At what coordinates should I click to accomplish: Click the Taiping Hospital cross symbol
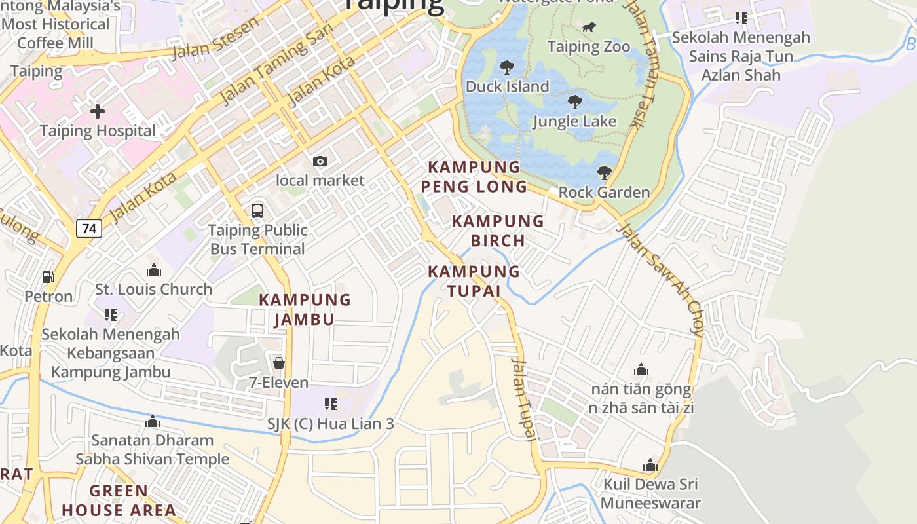coord(97,111)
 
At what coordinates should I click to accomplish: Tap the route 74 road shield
coord(88,229)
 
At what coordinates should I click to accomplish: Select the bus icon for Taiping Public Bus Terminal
coord(257,211)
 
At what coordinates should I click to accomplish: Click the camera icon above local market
coord(320,161)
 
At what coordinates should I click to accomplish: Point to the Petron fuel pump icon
coord(48,277)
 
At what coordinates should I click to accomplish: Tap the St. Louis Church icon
coord(154,270)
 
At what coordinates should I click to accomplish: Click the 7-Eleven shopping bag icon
coord(279,363)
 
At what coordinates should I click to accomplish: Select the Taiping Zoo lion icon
coord(589,28)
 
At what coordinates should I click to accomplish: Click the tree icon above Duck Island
coord(506,67)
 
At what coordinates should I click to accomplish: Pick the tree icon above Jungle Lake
coord(575,102)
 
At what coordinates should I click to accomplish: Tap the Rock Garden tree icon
coord(604,173)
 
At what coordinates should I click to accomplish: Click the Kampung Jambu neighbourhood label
coord(305,310)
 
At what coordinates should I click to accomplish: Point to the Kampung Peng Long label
coord(474,177)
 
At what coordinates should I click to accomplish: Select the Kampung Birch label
coord(498,231)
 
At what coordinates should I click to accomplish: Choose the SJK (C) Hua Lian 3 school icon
coord(331,404)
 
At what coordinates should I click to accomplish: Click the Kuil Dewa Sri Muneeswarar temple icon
coord(650,466)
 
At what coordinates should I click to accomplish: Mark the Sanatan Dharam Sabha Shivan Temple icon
coord(153,421)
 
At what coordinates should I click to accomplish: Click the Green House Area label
coord(119,500)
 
